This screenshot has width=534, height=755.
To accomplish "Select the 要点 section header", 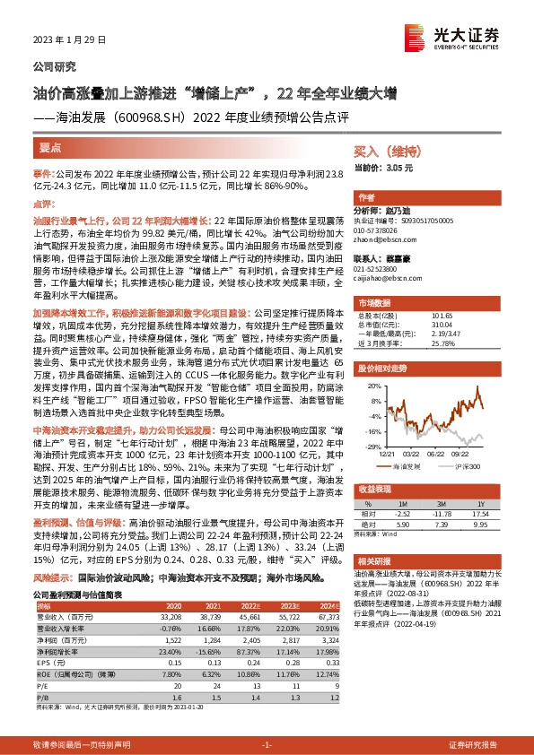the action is [x=50, y=147].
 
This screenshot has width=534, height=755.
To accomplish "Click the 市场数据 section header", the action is [x=376, y=301].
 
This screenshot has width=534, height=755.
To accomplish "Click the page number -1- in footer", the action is [x=267, y=745].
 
